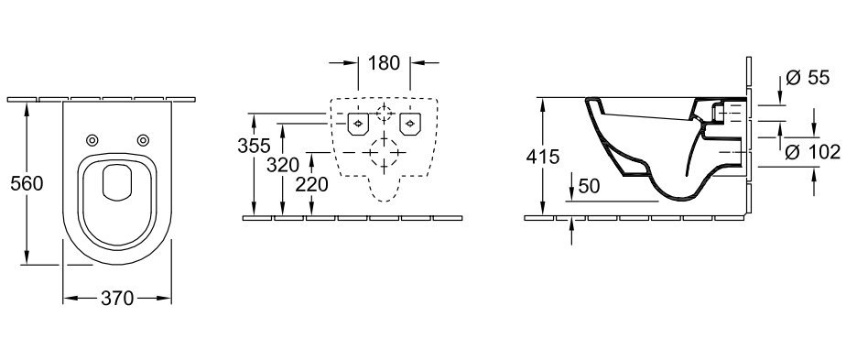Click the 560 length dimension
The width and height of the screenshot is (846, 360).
(x=27, y=183)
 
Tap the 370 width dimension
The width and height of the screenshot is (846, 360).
(x=117, y=298)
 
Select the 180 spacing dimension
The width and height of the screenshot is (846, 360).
(x=385, y=63)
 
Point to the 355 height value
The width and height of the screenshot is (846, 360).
(x=254, y=146)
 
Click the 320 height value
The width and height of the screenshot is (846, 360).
(x=283, y=165)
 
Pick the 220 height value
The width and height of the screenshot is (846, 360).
(x=312, y=185)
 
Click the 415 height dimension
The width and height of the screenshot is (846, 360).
(x=543, y=157)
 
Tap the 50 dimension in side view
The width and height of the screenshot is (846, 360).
(x=590, y=186)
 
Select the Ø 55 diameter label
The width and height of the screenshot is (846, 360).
(x=808, y=78)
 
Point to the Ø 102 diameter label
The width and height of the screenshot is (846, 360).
(x=812, y=153)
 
